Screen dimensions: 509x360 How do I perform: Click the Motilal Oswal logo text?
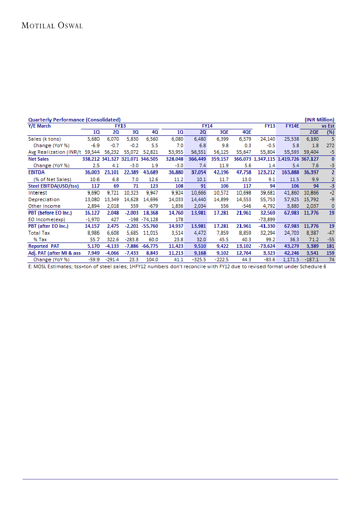click(x=52, y=25)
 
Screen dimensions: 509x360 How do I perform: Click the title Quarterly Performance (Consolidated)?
click(x=74, y=119)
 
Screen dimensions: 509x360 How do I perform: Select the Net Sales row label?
click(x=39, y=159)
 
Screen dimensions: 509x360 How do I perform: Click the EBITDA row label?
click(x=37, y=172)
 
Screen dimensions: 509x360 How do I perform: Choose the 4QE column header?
click(x=246, y=132)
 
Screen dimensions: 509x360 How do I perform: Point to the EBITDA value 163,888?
click(x=289, y=172)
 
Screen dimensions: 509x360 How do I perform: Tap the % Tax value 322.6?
click(x=113, y=239)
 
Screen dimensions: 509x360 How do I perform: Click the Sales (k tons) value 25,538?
click(x=291, y=139)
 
